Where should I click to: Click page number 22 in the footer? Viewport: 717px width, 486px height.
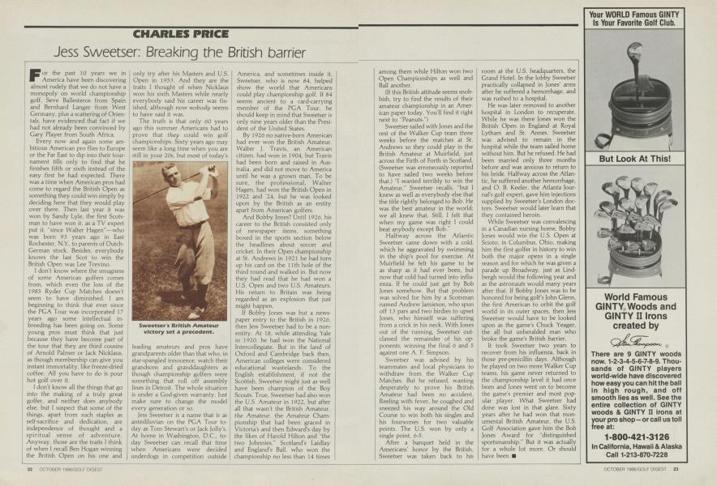28,467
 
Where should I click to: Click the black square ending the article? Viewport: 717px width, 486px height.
513,454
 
